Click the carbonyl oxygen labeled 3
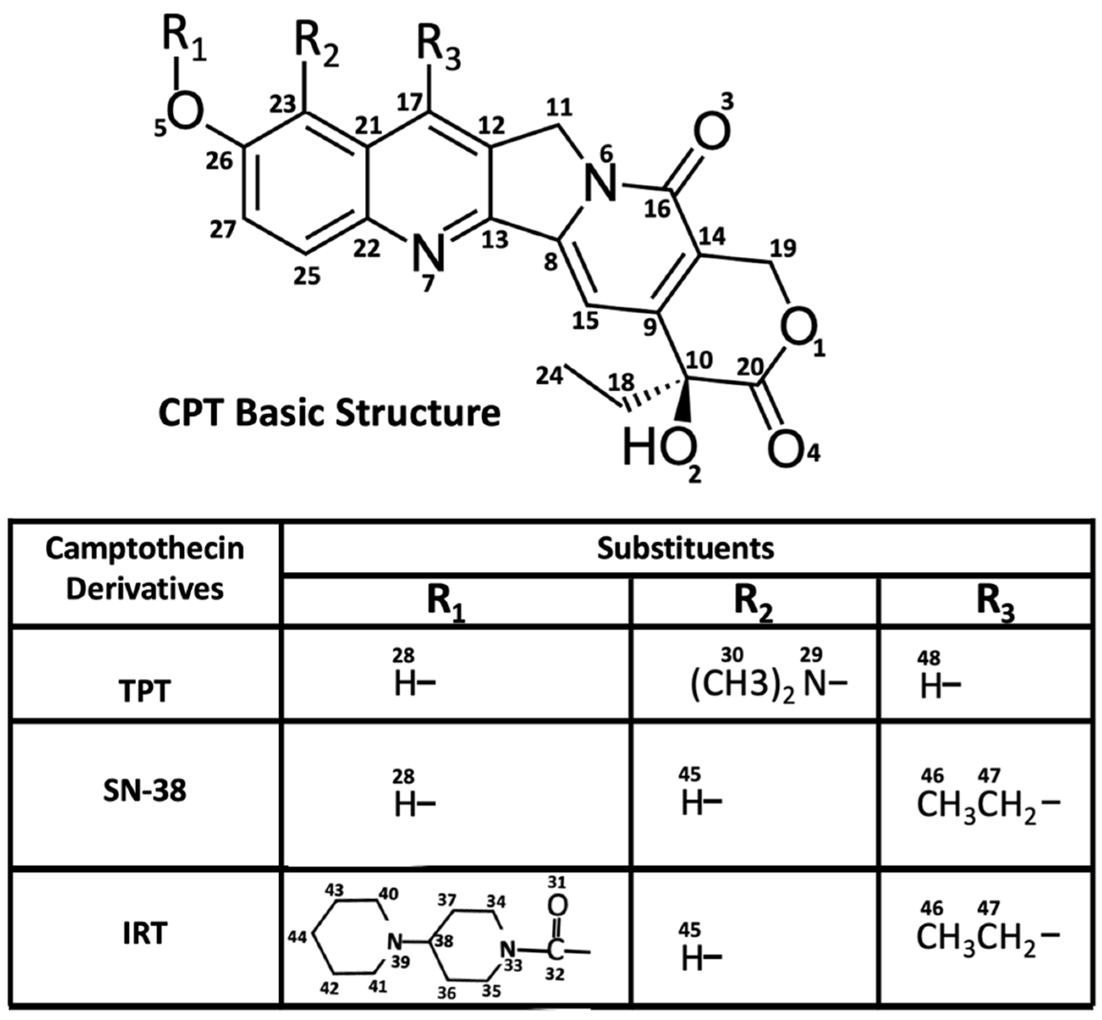pos(711,133)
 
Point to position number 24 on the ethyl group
pos(549,376)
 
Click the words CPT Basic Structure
pos(329,413)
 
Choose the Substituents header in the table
pos(686,548)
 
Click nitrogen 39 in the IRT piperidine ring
pos(393,940)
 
